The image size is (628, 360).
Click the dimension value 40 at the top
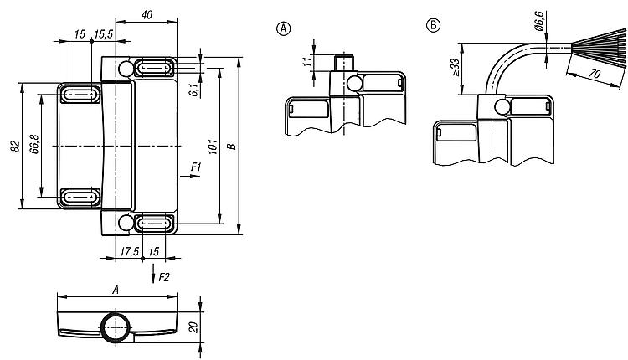tap(147, 15)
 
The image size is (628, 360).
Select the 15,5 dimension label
tap(103, 34)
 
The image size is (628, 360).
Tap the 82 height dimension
tap(15, 147)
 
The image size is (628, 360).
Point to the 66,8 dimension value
tap(34, 144)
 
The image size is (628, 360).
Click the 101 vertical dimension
tap(213, 147)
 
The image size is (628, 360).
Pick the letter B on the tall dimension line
tap(231, 147)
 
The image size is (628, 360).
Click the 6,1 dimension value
tap(194, 90)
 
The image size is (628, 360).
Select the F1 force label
tap(196, 167)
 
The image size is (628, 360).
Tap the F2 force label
tap(164, 277)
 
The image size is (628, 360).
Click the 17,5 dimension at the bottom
tap(129, 251)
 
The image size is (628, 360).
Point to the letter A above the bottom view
tap(116, 290)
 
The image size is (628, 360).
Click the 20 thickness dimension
tap(194, 327)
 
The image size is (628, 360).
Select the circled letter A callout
tap(284, 28)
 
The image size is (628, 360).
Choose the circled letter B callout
tap(433, 25)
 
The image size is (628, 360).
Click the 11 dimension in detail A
tap(307, 62)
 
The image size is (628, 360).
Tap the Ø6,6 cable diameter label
tap(538, 21)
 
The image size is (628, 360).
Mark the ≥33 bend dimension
tap(455, 67)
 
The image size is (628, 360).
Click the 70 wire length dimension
tap(595, 74)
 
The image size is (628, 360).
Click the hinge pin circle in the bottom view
tap(116, 327)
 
